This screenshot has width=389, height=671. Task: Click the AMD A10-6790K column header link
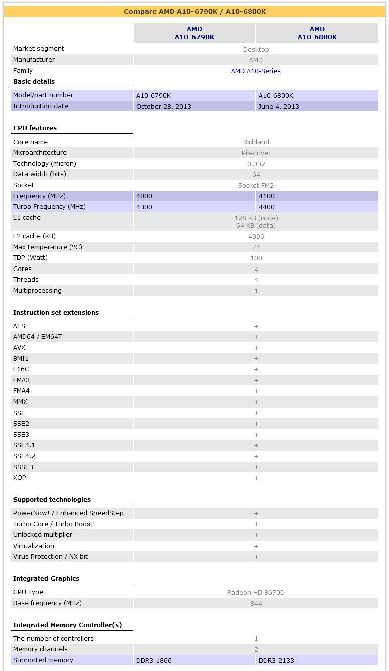(x=194, y=33)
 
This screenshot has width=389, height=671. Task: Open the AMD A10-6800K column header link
(x=317, y=33)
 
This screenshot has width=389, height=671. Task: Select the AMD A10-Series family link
(x=256, y=71)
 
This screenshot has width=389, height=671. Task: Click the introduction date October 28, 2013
(x=164, y=106)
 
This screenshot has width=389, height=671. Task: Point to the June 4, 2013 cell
(x=279, y=106)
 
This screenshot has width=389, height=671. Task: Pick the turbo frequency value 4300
(x=144, y=207)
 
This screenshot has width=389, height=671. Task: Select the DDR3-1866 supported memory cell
(x=154, y=661)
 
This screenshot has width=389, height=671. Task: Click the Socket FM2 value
(x=256, y=186)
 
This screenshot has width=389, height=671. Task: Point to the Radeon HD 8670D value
(x=256, y=593)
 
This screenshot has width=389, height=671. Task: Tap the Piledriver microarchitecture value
(x=256, y=153)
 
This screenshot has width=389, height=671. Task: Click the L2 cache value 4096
(x=256, y=237)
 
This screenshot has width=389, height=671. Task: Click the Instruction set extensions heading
(x=56, y=313)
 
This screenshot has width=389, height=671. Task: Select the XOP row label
(x=20, y=478)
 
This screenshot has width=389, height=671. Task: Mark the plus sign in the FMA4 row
(x=256, y=391)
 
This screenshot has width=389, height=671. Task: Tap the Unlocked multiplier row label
(x=43, y=535)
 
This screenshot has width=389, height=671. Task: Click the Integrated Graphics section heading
(x=46, y=579)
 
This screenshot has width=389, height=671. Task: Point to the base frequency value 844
(x=256, y=603)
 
